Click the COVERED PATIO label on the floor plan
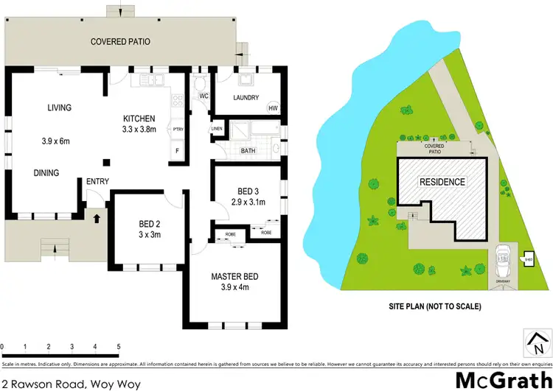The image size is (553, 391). [x=120, y=42]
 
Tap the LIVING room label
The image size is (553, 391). [x=60, y=108]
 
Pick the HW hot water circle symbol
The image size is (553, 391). [x=273, y=109]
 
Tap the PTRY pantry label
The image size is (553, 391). [x=177, y=129]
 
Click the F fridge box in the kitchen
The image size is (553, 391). [x=177, y=152]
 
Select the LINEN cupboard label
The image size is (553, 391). [x=217, y=129]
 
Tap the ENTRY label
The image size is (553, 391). [x=96, y=181]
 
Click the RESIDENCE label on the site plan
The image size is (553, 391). [x=442, y=182]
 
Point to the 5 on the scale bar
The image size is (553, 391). [x=118, y=345]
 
